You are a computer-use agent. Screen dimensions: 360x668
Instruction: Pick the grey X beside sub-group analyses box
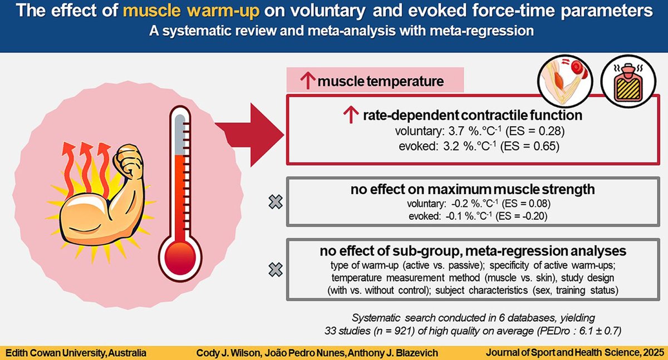click(275, 270)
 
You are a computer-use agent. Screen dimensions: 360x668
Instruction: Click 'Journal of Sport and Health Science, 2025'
click(573, 352)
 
